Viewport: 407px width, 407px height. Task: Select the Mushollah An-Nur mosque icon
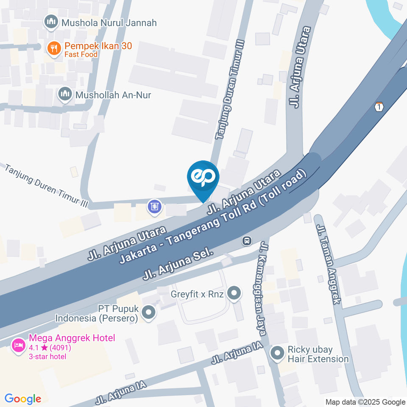[x=65, y=95]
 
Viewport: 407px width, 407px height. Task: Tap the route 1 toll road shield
[x=379, y=107]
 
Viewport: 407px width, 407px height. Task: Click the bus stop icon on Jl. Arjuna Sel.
[x=246, y=241]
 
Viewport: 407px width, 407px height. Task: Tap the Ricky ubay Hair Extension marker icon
[x=277, y=354]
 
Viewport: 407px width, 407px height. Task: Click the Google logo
[x=23, y=399]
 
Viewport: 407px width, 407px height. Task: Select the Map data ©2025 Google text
[x=365, y=402]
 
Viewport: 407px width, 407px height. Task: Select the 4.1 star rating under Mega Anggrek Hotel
[x=49, y=348]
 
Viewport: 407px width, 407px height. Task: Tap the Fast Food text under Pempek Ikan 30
[x=81, y=54]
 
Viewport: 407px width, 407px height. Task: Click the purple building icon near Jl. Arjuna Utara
[x=154, y=206]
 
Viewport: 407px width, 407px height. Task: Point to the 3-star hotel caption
[x=47, y=356]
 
